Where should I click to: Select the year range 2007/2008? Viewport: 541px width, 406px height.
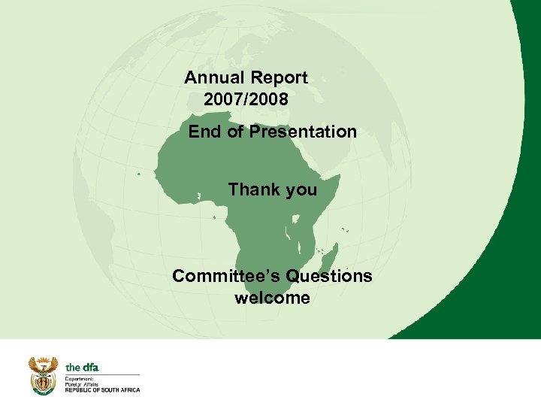click(x=245, y=98)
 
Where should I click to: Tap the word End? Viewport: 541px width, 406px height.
click(x=203, y=132)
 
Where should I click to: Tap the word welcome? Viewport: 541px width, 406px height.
click(x=272, y=298)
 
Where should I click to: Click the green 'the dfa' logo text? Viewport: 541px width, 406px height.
click(x=82, y=367)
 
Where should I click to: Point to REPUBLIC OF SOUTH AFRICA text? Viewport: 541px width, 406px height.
click(x=102, y=389)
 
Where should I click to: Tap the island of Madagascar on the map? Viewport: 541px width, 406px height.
click(x=330, y=256)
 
